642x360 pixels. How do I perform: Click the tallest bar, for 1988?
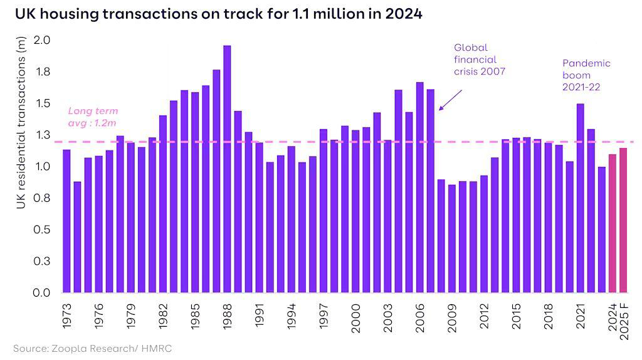[227, 169]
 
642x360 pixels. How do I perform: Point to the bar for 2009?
[451, 238]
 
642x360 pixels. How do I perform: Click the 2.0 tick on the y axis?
[41, 40]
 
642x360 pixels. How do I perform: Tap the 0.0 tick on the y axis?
[41, 293]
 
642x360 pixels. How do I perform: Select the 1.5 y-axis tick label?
[41, 103]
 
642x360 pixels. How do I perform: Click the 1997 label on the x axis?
[324, 317]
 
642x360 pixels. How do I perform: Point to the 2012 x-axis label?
[484, 317]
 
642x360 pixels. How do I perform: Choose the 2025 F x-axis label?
[623, 320]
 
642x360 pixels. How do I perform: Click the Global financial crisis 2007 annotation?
[479, 60]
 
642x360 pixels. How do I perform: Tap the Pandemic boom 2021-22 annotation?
[586, 75]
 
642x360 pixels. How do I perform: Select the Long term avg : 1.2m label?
[93, 117]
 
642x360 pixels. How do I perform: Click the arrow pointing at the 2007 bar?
[450, 100]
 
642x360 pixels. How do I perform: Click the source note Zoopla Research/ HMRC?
[92, 348]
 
